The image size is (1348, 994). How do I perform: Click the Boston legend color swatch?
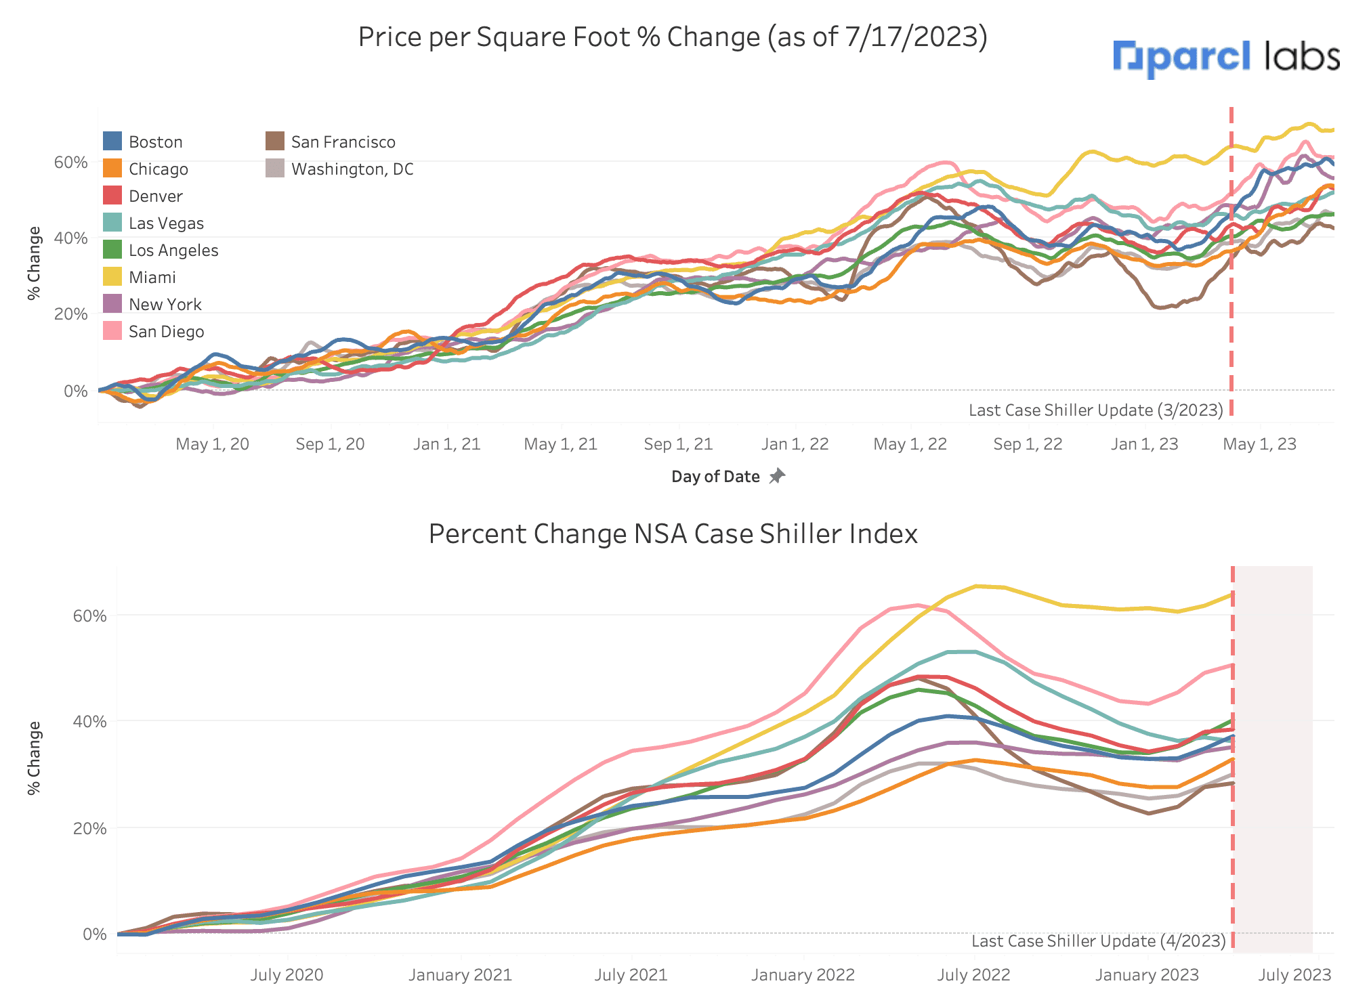click(112, 142)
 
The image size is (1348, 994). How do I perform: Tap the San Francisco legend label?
click(343, 142)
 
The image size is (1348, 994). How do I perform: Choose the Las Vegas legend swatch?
click(112, 223)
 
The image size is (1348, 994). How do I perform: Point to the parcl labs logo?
click(1226, 58)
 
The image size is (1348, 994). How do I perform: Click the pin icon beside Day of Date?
click(777, 476)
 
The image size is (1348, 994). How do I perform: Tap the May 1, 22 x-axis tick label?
click(910, 444)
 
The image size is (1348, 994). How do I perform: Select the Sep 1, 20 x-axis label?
click(330, 444)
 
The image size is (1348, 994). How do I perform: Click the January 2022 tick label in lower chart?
click(803, 975)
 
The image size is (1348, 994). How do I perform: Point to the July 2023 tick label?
click(1294, 975)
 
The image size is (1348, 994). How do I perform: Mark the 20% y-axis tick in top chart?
click(71, 314)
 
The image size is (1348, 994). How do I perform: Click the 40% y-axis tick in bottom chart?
click(89, 722)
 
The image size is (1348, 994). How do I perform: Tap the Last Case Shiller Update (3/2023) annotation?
click(1095, 410)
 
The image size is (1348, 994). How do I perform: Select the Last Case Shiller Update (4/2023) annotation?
click(1098, 941)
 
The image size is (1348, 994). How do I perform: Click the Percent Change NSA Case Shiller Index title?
click(673, 534)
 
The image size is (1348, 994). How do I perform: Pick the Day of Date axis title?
click(715, 477)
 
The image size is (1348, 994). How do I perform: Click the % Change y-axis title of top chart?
click(34, 263)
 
